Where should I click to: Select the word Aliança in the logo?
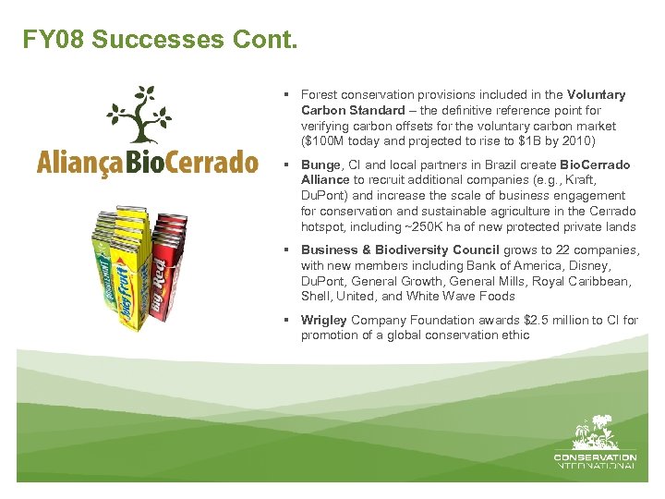tap(79, 164)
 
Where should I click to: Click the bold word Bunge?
tap(320, 164)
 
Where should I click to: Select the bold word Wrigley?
tap(323, 320)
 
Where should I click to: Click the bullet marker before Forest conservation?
tap(289, 95)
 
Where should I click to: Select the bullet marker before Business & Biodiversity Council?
tap(289, 250)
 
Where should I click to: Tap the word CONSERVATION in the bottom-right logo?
tap(595, 456)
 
